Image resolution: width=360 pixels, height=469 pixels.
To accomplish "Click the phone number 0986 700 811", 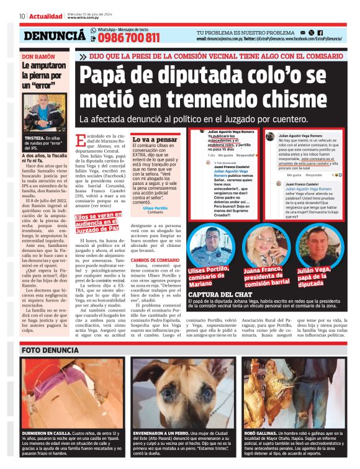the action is [128, 38].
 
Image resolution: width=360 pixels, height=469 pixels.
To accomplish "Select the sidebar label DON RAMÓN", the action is [38, 56].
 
